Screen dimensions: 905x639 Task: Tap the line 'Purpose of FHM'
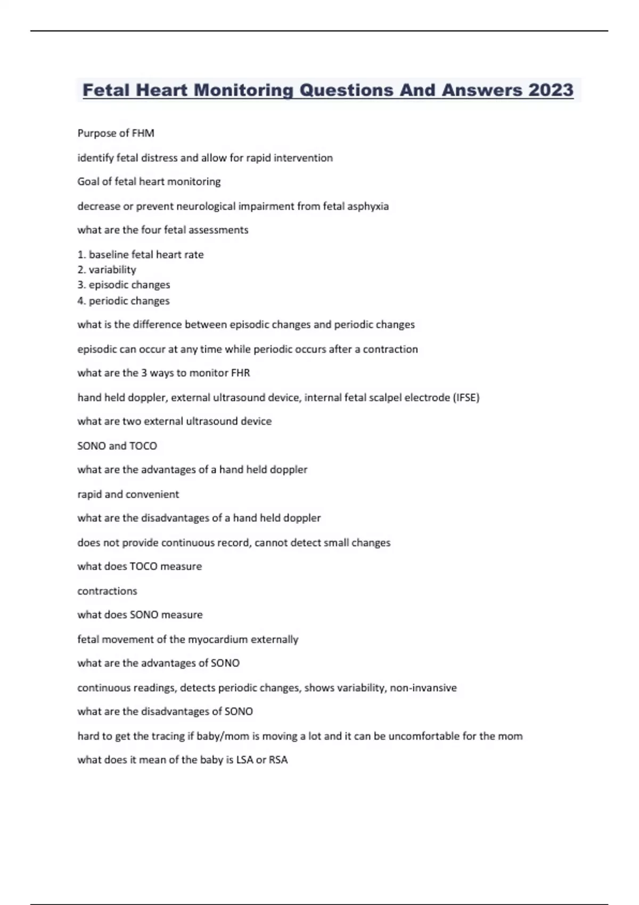point(116,133)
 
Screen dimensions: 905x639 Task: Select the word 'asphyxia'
point(368,206)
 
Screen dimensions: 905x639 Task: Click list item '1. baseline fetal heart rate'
point(141,254)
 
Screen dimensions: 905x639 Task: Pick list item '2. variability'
point(106,269)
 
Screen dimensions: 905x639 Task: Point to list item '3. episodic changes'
point(124,285)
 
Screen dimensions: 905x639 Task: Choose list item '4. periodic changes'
point(124,301)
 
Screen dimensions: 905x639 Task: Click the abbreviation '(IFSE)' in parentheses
point(466,398)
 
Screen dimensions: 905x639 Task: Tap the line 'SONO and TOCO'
point(117,446)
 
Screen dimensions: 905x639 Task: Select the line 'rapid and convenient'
point(128,494)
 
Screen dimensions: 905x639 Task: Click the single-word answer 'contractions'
point(107,591)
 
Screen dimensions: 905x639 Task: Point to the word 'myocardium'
point(218,639)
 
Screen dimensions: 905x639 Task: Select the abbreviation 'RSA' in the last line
point(278,760)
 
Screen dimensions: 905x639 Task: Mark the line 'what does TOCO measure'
point(140,566)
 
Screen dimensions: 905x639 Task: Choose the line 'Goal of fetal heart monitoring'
point(149,182)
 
